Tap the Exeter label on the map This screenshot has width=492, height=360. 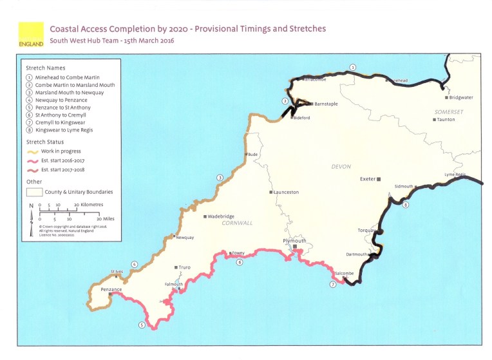click(x=368, y=178)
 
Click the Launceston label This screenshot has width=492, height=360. click(x=286, y=193)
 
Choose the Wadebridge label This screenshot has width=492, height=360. click(x=223, y=216)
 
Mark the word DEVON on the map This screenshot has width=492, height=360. click(x=341, y=166)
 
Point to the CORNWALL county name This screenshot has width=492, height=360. click(x=237, y=223)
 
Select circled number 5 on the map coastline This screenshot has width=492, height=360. click(x=142, y=325)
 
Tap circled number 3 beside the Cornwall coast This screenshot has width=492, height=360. click(x=220, y=178)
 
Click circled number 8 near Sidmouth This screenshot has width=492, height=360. click(x=405, y=205)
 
